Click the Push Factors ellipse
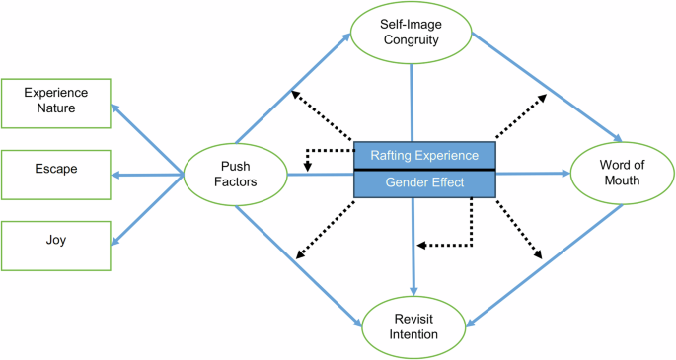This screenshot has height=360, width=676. (235, 176)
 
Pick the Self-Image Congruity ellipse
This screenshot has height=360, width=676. (412, 36)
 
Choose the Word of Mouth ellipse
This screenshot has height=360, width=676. (622, 175)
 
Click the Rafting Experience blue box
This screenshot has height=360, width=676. (423, 155)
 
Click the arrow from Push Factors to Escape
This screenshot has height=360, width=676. (148, 176)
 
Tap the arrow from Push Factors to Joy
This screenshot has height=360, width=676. (149, 210)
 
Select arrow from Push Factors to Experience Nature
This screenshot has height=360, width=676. (149, 139)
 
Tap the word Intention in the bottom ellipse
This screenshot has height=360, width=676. (413, 335)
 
